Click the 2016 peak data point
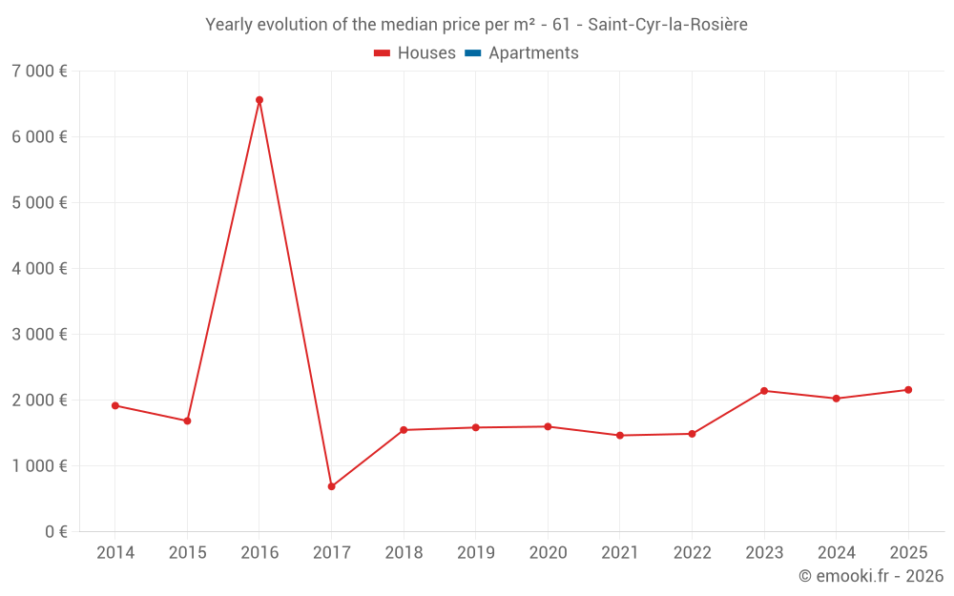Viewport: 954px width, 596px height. (x=259, y=100)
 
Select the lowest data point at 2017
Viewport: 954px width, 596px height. (x=332, y=486)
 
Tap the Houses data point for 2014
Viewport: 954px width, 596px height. (x=115, y=405)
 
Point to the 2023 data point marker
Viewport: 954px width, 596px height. (x=764, y=391)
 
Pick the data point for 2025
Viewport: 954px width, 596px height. (x=908, y=390)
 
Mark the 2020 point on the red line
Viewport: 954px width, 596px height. (x=549, y=427)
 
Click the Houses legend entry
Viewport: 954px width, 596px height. (x=415, y=52)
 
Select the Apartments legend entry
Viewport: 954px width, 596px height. (x=522, y=52)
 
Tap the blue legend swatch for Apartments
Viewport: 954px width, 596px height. (x=473, y=53)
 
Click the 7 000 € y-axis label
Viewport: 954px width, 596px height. (x=39, y=72)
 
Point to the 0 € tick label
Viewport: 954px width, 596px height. (x=56, y=531)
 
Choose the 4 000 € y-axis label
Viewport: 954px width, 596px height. (x=39, y=268)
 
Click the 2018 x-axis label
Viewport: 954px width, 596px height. (x=404, y=552)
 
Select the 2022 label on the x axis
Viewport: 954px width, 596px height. (x=693, y=552)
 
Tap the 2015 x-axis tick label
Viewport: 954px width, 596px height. (x=187, y=552)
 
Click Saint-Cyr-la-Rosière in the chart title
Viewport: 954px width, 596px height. (x=668, y=25)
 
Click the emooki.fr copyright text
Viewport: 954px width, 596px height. (x=871, y=575)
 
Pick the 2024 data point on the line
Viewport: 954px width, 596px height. (x=836, y=399)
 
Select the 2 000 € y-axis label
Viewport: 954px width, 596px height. (x=39, y=401)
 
